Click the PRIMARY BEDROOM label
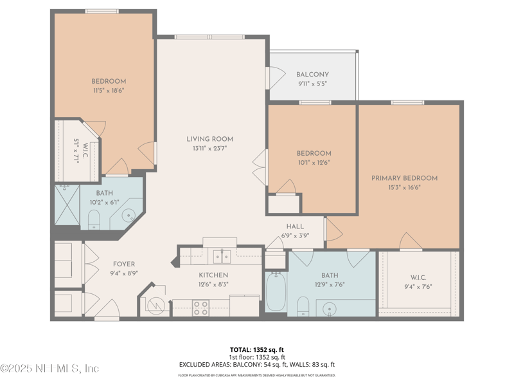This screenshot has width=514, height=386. click(x=404, y=178)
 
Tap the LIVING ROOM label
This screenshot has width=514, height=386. click(x=209, y=139)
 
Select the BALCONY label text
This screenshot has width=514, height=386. click(x=312, y=75)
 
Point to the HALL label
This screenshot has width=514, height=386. click(x=295, y=226)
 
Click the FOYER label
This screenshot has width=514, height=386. click(x=124, y=264)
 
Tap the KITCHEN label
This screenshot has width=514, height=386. click(x=213, y=275)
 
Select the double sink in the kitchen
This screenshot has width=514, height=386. click(x=222, y=257)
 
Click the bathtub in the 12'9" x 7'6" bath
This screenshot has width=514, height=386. click(x=276, y=293)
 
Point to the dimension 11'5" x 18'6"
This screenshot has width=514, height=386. click(x=108, y=91)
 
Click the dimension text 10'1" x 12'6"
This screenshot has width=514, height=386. click(x=314, y=163)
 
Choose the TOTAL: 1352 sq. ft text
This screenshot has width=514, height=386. click(x=256, y=349)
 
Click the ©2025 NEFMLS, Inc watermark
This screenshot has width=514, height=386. click(x=50, y=369)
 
